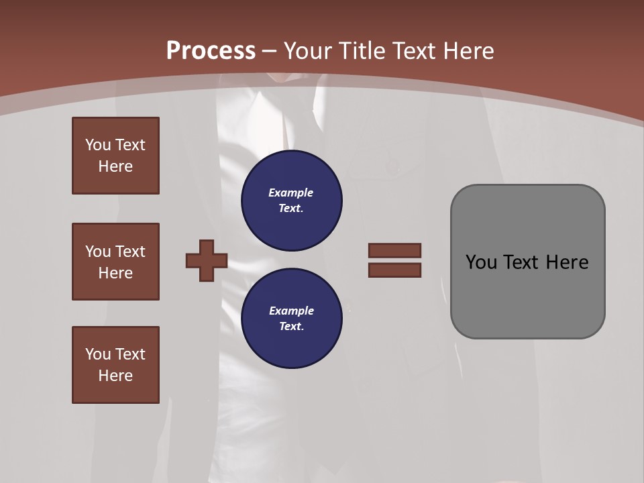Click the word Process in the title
[x=211, y=51]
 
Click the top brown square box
[x=115, y=156]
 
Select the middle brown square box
[x=115, y=262]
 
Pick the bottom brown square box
[x=115, y=364]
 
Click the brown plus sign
[x=207, y=260]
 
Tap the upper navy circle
[x=292, y=201]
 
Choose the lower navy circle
[x=292, y=318]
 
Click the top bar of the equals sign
[x=394, y=250]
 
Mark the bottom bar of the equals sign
[x=394, y=270]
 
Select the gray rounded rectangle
[x=527, y=262]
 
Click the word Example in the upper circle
[x=291, y=193]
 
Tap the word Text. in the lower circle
[x=291, y=326]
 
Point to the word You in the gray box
[x=482, y=262]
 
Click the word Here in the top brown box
[x=115, y=166]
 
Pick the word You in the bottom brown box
[x=98, y=354]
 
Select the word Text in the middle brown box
[x=129, y=252]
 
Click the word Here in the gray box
[x=567, y=262]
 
